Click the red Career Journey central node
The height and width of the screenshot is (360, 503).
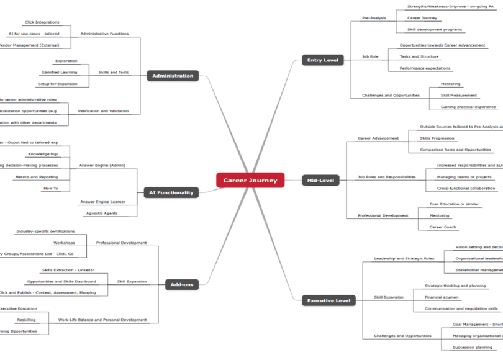click(x=250, y=181)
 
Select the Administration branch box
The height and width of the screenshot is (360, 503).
click(x=173, y=76)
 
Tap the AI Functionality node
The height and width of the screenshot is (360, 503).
click(x=171, y=192)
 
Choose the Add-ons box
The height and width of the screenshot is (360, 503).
click(x=182, y=285)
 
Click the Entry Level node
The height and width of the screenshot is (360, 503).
click(x=322, y=60)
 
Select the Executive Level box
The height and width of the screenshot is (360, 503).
click(x=329, y=301)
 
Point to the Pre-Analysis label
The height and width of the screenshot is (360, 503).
click(x=374, y=18)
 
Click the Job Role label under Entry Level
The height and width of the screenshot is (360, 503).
click(x=370, y=56)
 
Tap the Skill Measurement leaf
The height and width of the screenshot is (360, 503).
click(x=459, y=96)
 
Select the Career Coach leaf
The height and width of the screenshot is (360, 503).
click(x=442, y=227)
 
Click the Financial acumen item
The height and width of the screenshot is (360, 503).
click(x=442, y=297)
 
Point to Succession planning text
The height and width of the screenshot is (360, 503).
click(x=472, y=348)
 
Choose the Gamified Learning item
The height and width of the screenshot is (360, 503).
click(x=60, y=73)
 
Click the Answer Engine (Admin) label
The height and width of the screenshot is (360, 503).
click(x=102, y=166)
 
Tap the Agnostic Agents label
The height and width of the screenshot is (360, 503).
click(x=102, y=214)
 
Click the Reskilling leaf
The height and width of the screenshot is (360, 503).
click(x=26, y=320)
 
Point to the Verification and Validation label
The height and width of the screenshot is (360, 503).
click(x=103, y=111)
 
